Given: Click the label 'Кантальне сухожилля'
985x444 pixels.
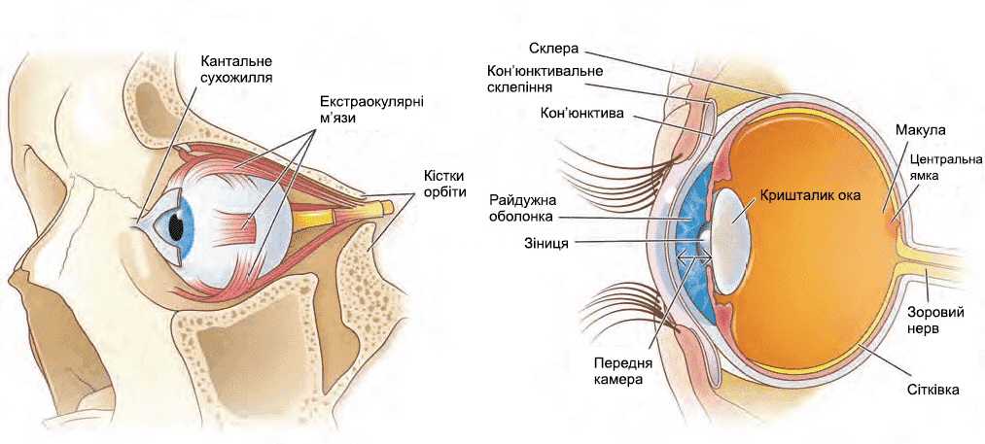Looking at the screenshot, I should coord(236,66).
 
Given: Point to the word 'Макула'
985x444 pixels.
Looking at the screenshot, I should coord(921,130).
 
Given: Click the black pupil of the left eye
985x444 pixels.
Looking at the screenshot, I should coord(176,225).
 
